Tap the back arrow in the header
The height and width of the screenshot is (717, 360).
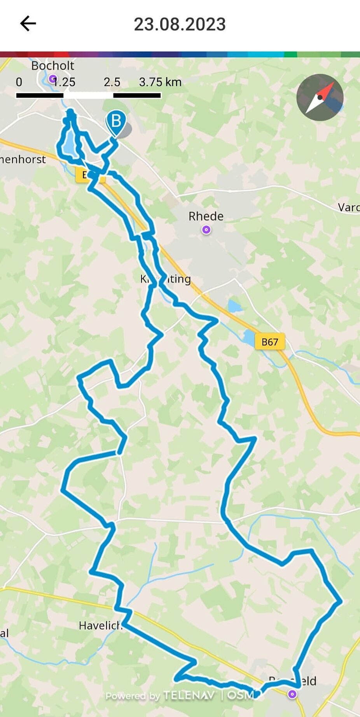(x=28, y=24)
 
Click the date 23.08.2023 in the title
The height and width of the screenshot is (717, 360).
(x=180, y=24)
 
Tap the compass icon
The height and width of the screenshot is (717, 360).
(x=320, y=97)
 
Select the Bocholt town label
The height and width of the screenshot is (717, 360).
(x=52, y=65)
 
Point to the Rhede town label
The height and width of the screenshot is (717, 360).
(x=206, y=216)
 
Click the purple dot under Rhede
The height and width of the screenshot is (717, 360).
(x=206, y=230)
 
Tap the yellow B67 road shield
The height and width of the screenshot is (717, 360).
(x=270, y=342)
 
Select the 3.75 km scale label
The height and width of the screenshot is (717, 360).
(x=160, y=82)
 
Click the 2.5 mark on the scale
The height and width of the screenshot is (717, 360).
(x=112, y=82)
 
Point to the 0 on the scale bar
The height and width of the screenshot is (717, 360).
(x=19, y=82)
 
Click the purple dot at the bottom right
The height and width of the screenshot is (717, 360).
(x=292, y=694)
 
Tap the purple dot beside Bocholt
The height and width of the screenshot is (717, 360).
(x=52, y=79)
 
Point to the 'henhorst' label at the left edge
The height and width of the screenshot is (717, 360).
(x=23, y=159)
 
